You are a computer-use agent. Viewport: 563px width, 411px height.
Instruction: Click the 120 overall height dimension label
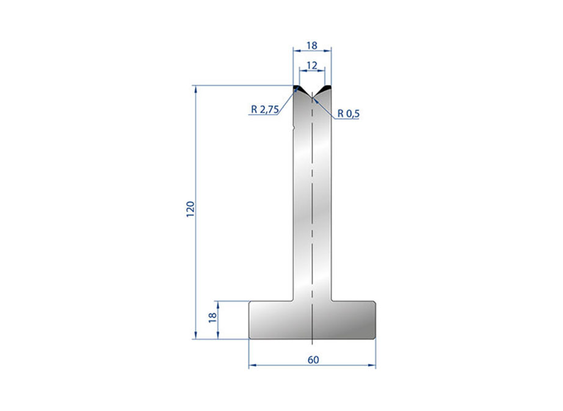click(x=191, y=209)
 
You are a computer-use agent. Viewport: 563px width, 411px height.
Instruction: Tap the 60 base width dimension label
click(x=313, y=360)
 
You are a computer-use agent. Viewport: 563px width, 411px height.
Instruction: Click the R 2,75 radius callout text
click(x=264, y=109)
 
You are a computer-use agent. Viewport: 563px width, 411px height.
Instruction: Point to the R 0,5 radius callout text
click(x=348, y=114)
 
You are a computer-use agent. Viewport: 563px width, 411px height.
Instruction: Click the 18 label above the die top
click(x=312, y=45)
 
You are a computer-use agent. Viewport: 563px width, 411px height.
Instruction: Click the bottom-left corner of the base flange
click(x=250, y=337)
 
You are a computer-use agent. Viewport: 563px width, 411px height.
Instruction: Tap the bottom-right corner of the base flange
click(x=374, y=337)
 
